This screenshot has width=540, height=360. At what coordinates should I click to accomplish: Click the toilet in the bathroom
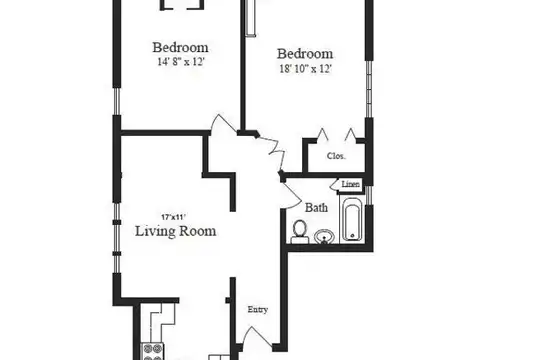[299, 232]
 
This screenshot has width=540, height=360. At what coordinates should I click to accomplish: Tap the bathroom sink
[324, 237]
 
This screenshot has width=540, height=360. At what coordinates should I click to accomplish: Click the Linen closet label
[351, 184]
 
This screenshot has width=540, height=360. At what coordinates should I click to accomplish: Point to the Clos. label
[336, 156]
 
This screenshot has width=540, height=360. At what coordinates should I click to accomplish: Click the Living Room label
[176, 231]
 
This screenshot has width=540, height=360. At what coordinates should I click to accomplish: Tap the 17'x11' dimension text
[174, 217]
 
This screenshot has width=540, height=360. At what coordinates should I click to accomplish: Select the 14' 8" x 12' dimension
[181, 62]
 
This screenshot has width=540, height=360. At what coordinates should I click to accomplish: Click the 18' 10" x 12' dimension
[305, 69]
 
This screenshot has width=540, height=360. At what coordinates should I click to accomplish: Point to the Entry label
[258, 310]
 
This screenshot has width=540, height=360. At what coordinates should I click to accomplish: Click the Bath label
[316, 208]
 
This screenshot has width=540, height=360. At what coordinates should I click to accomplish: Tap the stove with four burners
[153, 352]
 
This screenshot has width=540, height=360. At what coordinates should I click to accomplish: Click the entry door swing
[256, 335]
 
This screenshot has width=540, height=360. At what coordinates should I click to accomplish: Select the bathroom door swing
[292, 196]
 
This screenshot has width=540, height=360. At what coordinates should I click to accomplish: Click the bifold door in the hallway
[273, 152]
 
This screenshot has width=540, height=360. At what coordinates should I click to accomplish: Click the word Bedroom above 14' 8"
[180, 48]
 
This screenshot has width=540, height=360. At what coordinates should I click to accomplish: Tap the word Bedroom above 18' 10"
[305, 54]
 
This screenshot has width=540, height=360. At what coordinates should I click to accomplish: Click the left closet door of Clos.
[322, 134]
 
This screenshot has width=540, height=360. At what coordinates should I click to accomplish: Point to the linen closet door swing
[335, 185]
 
